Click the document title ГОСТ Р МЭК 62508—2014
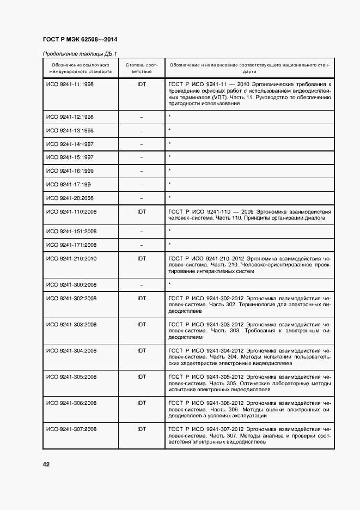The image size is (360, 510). [x=80, y=39]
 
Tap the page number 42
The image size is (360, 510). [x=46, y=464]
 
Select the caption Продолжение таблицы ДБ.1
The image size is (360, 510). [x=80, y=53]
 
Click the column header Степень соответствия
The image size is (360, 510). [x=142, y=68]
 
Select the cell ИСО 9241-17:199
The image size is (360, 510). [x=68, y=184]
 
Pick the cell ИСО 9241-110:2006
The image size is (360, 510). [x=71, y=211]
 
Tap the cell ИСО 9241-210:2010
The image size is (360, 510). [x=71, y=258]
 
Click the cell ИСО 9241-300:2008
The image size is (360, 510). [x=71, y=284]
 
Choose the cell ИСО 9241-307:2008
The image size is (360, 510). [x=71, y=429]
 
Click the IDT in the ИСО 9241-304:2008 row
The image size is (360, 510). [x=142, y=350]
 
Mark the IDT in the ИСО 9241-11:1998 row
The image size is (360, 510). [x=142, y=84]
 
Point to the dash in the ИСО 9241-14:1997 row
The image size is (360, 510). [x=142, y=144]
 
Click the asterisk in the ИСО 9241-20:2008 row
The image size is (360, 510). [x=170, y=197]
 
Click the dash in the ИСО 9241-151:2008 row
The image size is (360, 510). [x=142, y=232]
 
